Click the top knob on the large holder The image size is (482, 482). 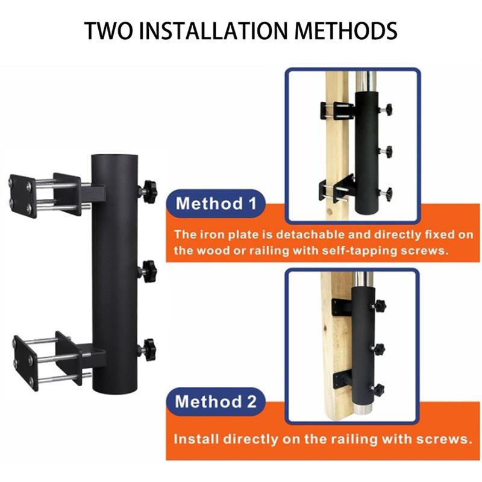[x=148, y=191]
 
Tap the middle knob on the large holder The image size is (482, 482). [x=148, y=269]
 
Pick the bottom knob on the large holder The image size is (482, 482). [x=148, y=348]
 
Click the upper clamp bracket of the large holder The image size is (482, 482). [x=48, y=193]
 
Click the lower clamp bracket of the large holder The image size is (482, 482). [x=48, y=359]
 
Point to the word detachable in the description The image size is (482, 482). [x=316, y=234]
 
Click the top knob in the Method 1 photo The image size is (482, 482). [x=387, y=110]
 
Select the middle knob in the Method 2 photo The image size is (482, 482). [x=379, y=348]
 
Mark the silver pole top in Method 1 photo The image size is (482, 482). [x=365, y=81]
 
